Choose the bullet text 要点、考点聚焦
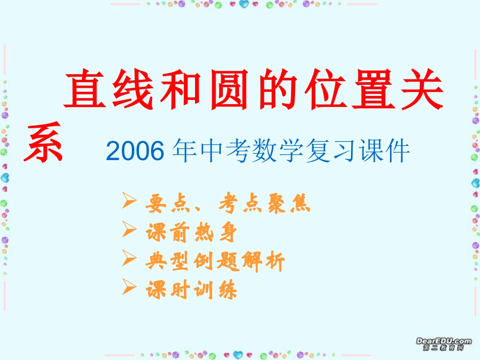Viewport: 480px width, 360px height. pyautogui.click(x=227, y=203)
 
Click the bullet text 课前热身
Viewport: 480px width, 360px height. pyautogui.click(x=190, y=233)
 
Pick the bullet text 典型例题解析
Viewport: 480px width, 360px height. pyautogui.click(x=215, y=262)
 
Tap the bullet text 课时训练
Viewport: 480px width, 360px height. pyautogui.click(x=190, y=290)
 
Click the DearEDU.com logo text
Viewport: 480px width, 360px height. pyautogui.click(x=444, y=342)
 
